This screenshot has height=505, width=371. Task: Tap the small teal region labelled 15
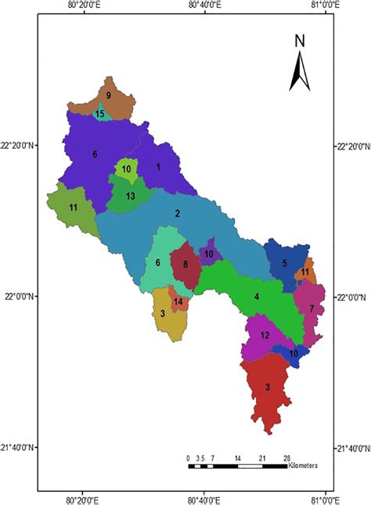[100, 114]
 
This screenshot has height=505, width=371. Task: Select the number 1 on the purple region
[158, 166]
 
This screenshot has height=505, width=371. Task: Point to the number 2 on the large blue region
[178, 214]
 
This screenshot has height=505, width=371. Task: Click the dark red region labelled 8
[185, 265]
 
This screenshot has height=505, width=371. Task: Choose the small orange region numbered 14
[178, 301]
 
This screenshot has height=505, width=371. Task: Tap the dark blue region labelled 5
[284, 262]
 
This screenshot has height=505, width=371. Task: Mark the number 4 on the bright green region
[257, 297]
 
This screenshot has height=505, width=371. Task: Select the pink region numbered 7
[312, 309]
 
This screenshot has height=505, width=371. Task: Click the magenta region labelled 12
[265, 336]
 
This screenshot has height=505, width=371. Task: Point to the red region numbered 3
[268, 388]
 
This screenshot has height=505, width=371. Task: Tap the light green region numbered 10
[127, 168]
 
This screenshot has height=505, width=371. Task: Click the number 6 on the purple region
[95, 154]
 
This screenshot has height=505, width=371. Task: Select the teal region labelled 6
[158, 262]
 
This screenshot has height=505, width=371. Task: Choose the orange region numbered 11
[304, 272]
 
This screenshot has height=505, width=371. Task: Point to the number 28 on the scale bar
[287, 457]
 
